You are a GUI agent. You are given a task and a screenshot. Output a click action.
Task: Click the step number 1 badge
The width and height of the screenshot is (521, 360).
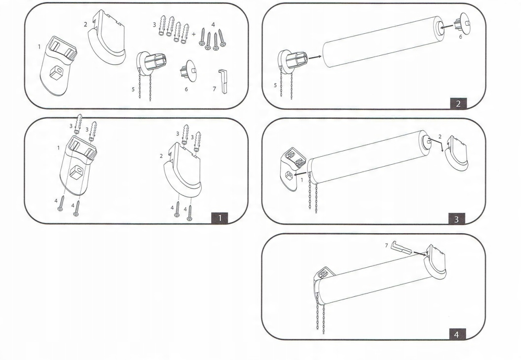[x=220, y=217]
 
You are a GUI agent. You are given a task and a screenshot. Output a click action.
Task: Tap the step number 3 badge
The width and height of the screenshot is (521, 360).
[x=456, y=218]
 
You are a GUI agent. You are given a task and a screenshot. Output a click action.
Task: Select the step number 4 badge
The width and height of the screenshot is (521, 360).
[x=456, y=334]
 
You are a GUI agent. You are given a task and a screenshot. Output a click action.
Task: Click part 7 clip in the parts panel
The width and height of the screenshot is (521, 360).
[x=223, y=81]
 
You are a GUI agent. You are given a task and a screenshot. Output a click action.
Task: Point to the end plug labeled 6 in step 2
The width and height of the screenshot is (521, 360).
[x=463, y=25]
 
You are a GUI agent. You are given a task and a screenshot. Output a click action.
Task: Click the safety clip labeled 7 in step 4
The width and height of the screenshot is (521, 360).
[x=401, y=249]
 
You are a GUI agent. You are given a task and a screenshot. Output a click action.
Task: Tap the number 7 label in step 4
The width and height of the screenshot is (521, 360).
[x=386, y=245]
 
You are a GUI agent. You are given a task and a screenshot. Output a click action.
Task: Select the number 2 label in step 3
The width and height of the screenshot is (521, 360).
[x=440, y=137]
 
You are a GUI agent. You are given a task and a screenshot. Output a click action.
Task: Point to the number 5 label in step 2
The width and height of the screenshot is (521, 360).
[x=275, y=85]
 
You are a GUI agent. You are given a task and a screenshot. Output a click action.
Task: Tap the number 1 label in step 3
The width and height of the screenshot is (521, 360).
[x=302, y=180]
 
